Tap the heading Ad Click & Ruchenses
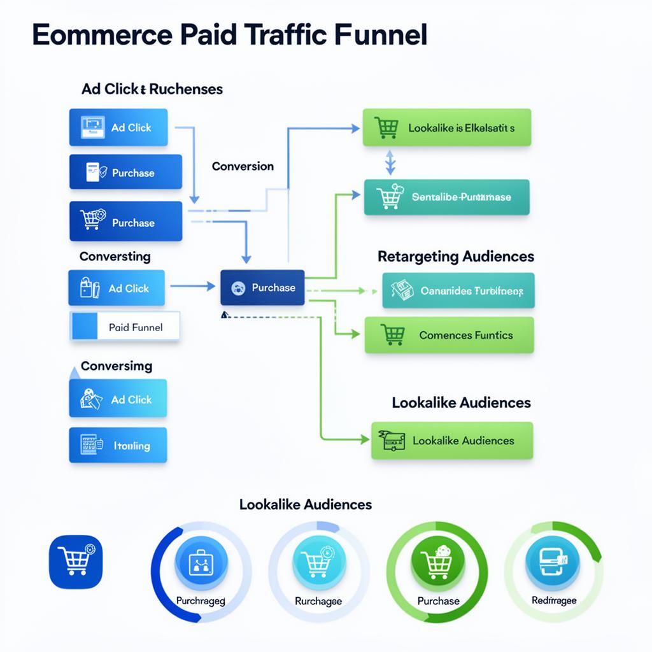[x=152, y=89]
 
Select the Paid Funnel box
[x=125, y=327]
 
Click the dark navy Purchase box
[x=262, y=287]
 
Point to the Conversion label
[x=243, y=166]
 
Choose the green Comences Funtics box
[x=449, y=335]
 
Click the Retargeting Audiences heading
[x=456, y=257]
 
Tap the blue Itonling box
[x=118, y=445]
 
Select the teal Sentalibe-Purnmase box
[x=446, y=197]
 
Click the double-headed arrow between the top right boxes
[x=390, y=162]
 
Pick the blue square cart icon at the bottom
[x=76, y=560]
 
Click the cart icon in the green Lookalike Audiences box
[x=392, y=440]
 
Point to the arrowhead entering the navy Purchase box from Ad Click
[x=211, y=287]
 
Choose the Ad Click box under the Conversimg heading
[x=118, y=399]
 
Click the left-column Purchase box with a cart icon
[x=125, y=222]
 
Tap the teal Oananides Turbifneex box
[x=458, y=291]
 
